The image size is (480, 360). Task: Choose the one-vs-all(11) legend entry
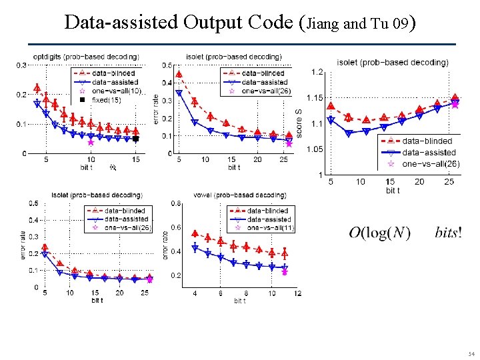point(269,228)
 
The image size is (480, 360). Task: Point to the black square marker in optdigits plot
point(135,139)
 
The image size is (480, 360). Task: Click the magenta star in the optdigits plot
point(91,142)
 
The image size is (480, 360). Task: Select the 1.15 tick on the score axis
point(314,98)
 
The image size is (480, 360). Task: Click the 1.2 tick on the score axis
point(317,72)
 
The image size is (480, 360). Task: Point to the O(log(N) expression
point(379,233)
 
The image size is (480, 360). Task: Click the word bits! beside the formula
point(448,233)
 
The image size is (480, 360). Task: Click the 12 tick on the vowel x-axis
point(297,293)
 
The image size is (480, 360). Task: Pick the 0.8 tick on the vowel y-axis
point(175,203)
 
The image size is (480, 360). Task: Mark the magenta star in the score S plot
point(455,103)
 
